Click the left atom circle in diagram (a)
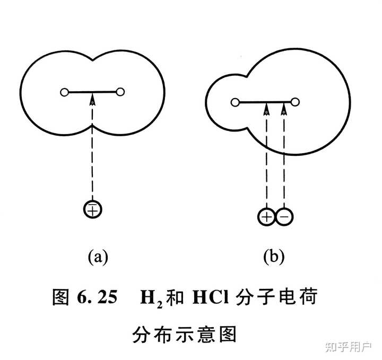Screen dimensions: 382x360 pyautogui.click(x=64, y=93)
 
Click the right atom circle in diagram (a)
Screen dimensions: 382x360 pyautogui.click(x=120, y=93)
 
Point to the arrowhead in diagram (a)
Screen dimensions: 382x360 pyautogui.click(x=92, y=99)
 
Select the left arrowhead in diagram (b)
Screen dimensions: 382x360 pyautogui.click(x=266, y=109)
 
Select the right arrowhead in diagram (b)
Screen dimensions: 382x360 pyautogui.click(x=284, y=109)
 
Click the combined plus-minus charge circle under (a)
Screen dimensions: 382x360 pyautogui.click(x=92, y=209)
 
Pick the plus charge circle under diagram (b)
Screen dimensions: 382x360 pyautogui.click(x=266, y=216)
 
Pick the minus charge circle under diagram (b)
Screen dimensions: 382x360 pyautogui.click(x=284, y=216)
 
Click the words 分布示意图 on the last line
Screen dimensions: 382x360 pyautogui.click(x=184, y=335)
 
